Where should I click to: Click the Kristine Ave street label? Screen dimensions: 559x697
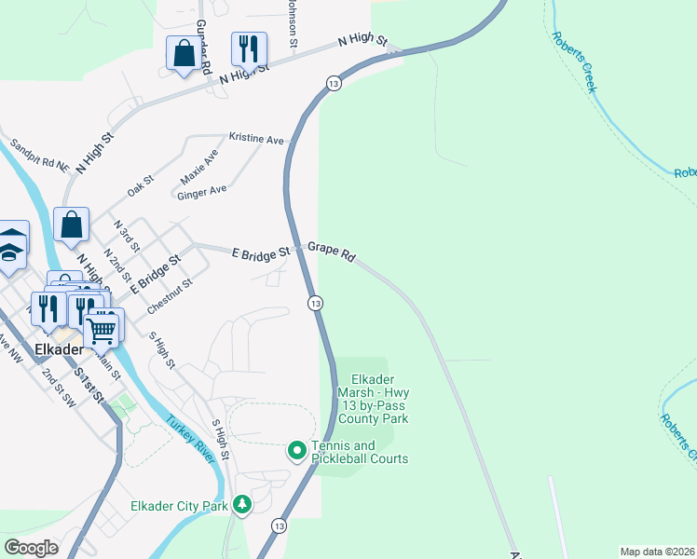tap(256, 139)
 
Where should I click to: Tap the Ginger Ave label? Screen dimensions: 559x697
tap(202, 190)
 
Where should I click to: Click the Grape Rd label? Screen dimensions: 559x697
tap(332, 252)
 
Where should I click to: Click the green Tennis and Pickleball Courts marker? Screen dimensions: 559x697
tap(297, 452)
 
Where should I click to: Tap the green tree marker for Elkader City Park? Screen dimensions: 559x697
tap(243, 505)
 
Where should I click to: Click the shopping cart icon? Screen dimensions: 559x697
tap(102, 328)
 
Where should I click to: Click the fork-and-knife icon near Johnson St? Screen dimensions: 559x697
tap(248, 48)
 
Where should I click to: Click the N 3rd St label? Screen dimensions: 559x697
tap(126, 237)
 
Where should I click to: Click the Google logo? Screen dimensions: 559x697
tap(32, 548)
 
